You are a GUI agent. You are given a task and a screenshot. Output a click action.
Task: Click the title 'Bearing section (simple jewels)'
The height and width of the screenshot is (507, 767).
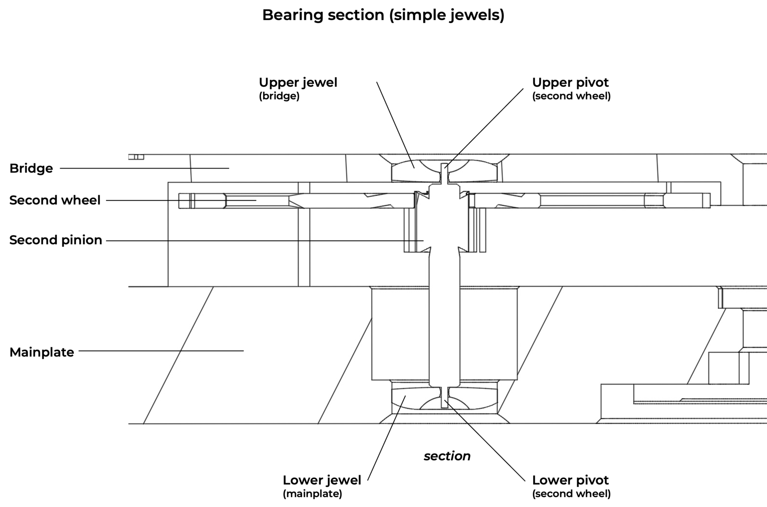[x=383, y=15]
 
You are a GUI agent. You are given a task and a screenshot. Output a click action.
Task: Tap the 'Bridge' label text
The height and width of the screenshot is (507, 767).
[x=31, y=168]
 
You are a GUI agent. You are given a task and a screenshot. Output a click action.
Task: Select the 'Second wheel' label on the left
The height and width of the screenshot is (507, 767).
[x=55, y=200]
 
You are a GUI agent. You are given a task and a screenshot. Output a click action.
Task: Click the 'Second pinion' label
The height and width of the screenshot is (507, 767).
[x=56, y=240]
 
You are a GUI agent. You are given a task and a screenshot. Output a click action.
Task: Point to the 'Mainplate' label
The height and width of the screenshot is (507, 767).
[x=42, y=352]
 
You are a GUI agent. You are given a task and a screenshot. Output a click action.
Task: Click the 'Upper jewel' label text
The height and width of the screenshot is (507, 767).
[x=298, y=82]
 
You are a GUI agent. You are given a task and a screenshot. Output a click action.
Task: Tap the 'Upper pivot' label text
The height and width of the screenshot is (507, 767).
[x=570, y=82]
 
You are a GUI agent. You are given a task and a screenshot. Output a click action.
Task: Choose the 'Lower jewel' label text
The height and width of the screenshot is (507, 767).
[x=322, y=480]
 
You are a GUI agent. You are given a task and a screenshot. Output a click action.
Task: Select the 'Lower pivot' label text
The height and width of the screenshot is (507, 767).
[x=570, y=480]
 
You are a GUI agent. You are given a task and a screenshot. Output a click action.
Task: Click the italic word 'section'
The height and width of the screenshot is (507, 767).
[x=447, y=456]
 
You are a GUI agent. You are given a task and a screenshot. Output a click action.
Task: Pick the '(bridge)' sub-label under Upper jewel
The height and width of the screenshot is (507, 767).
[x=279, y=96]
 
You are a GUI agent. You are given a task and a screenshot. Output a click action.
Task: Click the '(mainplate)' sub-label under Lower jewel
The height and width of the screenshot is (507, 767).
[x=312, y=494]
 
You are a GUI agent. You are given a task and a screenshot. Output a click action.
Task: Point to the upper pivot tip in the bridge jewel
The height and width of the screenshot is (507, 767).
[x=444, y=168]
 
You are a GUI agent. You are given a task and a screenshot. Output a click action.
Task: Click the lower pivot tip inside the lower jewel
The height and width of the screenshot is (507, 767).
[x=444, y=402]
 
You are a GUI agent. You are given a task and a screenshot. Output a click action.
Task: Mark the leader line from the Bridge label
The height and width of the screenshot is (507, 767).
[x=144, y=168]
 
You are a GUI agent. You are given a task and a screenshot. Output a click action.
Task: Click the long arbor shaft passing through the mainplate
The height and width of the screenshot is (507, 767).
[x=444, y=320]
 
